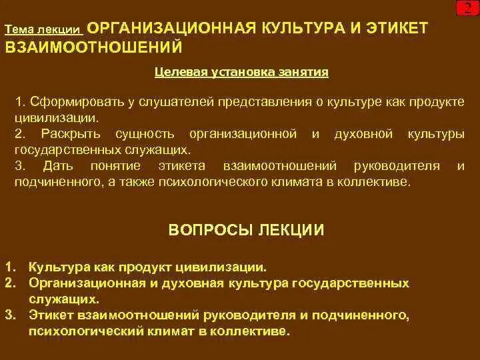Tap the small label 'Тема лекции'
point(43,31)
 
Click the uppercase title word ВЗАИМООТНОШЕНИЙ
point(93,48)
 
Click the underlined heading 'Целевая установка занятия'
point(241,72)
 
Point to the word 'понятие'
point(118,165)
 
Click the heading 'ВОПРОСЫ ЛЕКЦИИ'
point(247,231)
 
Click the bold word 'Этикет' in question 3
point(51,314)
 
